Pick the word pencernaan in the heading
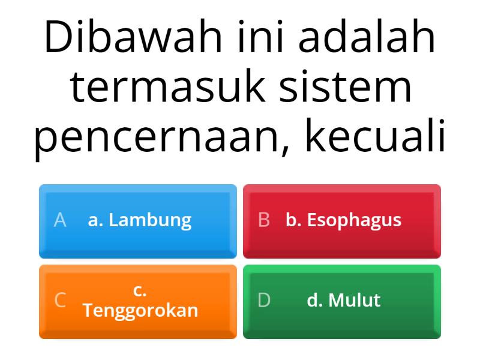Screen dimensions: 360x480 tap(162, 137)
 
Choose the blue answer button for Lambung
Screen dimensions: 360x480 tap(138, 221)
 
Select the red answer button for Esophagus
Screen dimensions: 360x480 tap(342, 221)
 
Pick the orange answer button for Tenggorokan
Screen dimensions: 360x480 tap(138, 301)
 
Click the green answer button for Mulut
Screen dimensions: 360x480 tap(342, 301)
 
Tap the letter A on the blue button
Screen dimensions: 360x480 tap(59, 220)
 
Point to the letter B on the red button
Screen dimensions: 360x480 tap(263, 220)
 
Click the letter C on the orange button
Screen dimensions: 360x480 tap(60, 300)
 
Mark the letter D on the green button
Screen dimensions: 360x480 tap(264, 300)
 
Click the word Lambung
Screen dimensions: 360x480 tap(150, 220)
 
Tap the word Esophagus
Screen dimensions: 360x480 tap(354, 220)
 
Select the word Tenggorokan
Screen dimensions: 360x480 tap(140, 310)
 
